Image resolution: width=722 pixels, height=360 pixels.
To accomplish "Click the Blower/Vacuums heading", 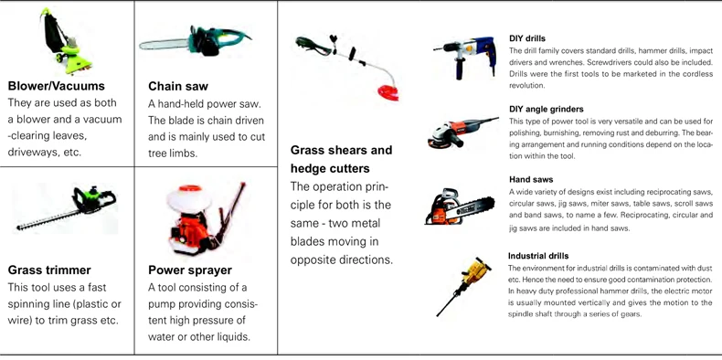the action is coord(56,86).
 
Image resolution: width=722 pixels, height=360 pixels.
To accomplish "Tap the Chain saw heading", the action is coord(178,86).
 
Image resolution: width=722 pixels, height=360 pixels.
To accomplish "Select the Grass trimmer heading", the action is coord(49,270).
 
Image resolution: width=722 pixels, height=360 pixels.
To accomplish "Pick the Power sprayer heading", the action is coord(190,270).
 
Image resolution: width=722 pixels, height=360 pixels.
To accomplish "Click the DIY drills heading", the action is coord(527,38).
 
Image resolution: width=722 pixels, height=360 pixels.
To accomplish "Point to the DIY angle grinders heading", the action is coord(547,109).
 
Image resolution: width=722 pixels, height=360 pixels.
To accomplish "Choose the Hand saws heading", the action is coord(531,179).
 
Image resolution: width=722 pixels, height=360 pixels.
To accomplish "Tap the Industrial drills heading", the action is coord(538,256).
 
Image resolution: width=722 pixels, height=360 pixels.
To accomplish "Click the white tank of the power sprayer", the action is coord(189,199).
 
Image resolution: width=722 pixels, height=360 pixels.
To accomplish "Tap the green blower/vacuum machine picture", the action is coord(67,40).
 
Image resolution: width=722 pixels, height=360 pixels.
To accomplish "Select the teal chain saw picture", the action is coord(195,41).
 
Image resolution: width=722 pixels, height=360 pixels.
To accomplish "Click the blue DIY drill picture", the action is coord(465,55).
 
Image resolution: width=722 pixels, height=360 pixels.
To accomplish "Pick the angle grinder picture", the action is coord(462,132).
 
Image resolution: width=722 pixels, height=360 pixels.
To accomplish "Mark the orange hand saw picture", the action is coord(460,207).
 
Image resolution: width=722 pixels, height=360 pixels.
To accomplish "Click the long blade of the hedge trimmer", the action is coord(48,220).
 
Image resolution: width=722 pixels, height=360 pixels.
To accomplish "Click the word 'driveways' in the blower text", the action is coord(32,153).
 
